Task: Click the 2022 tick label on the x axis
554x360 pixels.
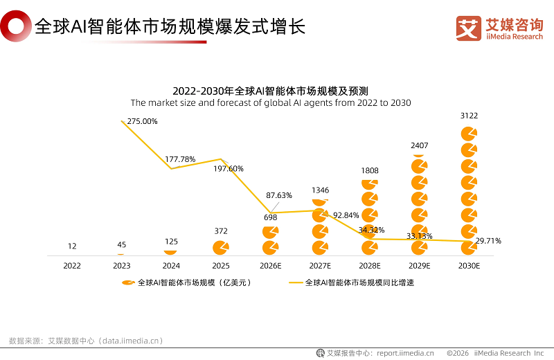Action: pos(72,265)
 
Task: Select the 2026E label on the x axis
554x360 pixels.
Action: pos(271,265)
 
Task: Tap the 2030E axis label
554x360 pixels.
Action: pos(470,265)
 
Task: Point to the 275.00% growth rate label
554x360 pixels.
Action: pos(142,121)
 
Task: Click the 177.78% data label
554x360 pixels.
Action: pos(180,159)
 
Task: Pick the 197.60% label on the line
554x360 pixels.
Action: pos(229,168)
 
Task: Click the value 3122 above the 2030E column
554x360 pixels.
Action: pos(470,116)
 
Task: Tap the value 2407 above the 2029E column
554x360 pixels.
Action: pos(420,145)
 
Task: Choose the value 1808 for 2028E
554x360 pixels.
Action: pos(370,170)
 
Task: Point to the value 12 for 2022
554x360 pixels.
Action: pos(72,246)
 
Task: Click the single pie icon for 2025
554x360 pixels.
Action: pos(221,248)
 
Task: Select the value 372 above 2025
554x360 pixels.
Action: pos(221,231)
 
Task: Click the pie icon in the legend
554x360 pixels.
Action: pos(127,282)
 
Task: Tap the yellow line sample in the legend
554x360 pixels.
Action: pos(296,282)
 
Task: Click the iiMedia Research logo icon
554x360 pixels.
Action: pos(468,28)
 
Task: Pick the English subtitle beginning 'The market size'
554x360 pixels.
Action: pos(271,103)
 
